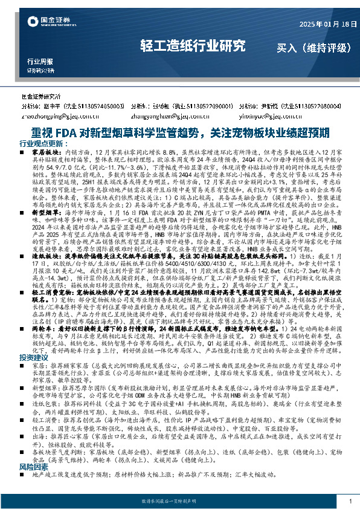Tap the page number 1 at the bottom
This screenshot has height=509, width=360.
point(350,501)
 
